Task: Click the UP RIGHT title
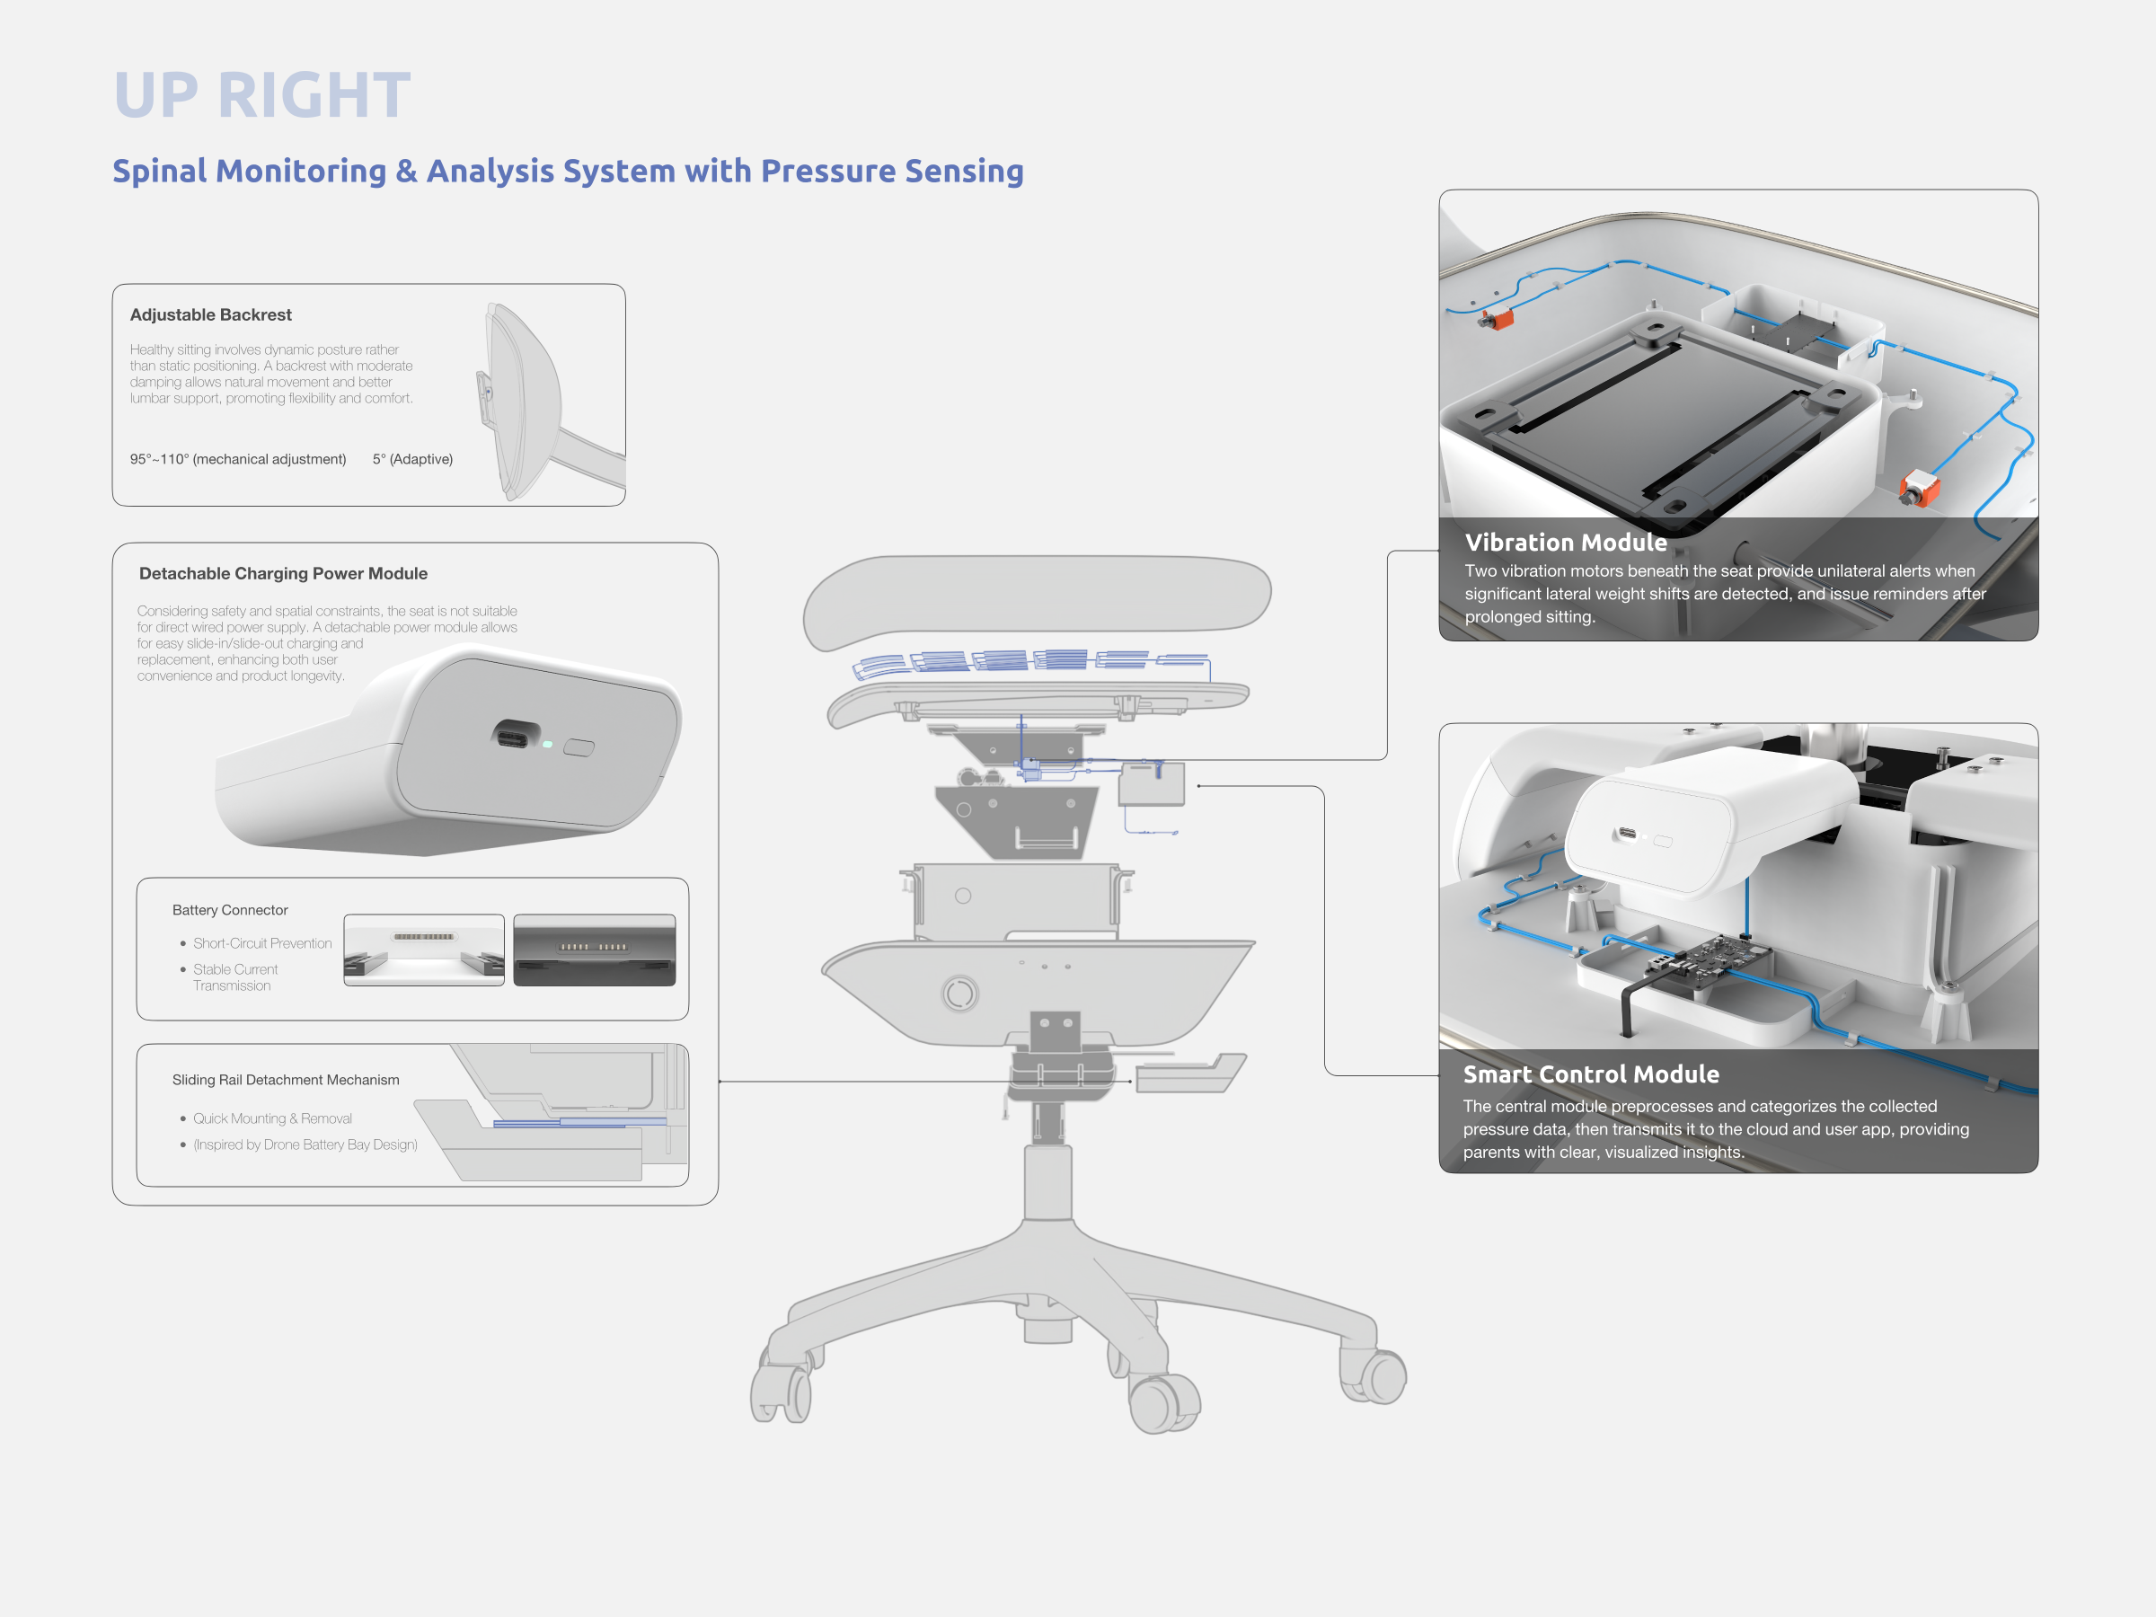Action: (262, 95)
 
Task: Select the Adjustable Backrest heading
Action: (210, 314)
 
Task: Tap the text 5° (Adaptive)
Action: (412, 459)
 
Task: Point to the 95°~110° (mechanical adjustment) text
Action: (238, 459)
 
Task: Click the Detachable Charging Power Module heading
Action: (283, 573)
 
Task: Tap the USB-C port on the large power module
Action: (516, 734)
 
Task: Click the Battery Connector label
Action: (230, 909)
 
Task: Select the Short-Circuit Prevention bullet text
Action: (262, 943)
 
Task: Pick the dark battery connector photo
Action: (595, 950)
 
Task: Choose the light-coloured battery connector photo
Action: (424, 950)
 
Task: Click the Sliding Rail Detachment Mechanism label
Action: (286, 1080)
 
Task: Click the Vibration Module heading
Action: (1565, 543)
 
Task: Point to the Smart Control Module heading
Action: (1591, 1074)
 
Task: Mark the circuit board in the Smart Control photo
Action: (1706, 960)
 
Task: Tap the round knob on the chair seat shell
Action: (960, 994)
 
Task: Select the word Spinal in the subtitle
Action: (160, 171)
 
